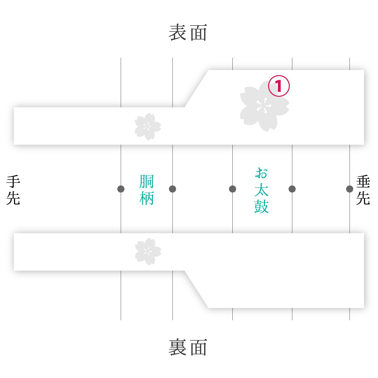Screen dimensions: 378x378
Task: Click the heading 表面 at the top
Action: coord(188,32)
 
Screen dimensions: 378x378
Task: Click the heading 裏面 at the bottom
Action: coord(188,347)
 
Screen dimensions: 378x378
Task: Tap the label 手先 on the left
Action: coord(13,190)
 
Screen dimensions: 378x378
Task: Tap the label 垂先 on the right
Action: coord(363,190)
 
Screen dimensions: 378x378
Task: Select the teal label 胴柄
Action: coord(147,190)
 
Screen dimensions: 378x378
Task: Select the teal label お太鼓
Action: coord(261,190)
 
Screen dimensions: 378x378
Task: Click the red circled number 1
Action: coord(279,86)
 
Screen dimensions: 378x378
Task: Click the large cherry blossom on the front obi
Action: coord(265,106)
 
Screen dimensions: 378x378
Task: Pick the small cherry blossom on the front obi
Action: coord(148,127)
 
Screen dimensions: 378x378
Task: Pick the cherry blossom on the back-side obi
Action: coord(148,251)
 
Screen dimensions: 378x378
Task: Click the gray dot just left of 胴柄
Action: coord(121,189)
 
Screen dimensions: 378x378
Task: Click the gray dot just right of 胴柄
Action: coord(172,189)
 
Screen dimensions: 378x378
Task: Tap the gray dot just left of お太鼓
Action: coord(232,189)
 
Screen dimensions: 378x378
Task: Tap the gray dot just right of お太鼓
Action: coord(292,189)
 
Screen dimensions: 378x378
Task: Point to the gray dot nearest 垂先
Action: coord(350,189)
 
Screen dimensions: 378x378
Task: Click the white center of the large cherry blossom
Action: coord(264,106)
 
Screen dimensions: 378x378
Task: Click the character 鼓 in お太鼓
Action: coord(261,206)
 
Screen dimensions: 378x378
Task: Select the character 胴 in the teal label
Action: coord(147,182)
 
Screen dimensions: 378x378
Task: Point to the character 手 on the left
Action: coord(13,182)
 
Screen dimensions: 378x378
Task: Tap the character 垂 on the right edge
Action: coord(363,182)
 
